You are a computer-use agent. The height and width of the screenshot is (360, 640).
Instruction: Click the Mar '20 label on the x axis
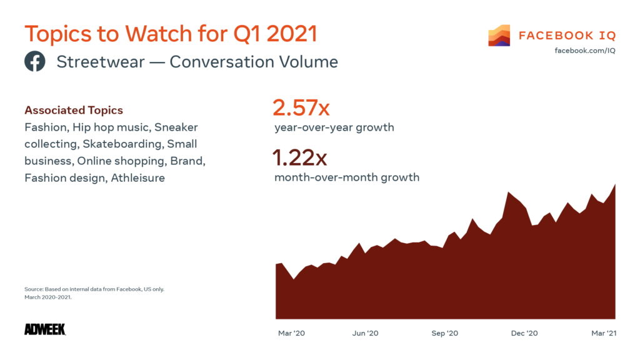291,333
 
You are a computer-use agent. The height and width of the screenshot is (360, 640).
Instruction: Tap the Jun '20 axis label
365,333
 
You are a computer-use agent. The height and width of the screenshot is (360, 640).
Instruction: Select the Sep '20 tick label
444,333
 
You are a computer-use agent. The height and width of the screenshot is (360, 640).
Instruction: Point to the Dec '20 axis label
524,333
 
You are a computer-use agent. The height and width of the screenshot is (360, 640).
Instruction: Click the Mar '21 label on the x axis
603,333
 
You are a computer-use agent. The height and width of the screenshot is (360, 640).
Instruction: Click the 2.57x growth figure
301,108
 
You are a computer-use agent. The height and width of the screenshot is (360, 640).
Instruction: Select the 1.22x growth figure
299,158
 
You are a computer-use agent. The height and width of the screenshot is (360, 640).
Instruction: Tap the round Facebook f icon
35,62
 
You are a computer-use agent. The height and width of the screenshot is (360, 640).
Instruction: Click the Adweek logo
45,329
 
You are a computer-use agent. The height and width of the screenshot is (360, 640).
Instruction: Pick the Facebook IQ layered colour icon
499,36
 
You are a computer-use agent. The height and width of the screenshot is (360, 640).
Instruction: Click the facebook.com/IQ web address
584,50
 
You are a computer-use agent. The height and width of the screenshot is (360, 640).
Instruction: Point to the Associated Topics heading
74,111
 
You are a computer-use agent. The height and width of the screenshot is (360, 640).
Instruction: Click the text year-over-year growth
334,127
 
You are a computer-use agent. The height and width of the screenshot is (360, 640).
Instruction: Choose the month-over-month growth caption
347,177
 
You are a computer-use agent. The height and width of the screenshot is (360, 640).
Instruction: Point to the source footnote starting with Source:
94,289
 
